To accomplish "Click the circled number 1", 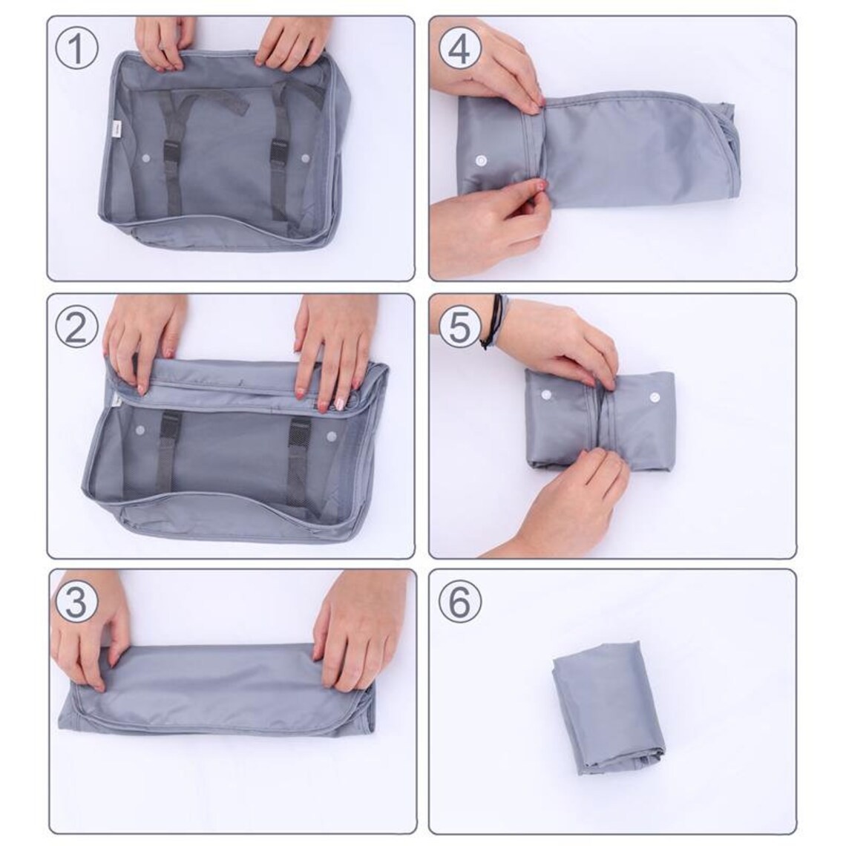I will click(78, 50).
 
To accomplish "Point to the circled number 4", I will click(460, 50).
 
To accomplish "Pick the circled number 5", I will click(460, 327).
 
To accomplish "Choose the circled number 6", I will click(460, 602).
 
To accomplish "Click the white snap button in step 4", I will click(484, 160).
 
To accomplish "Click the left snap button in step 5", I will click(546, 395).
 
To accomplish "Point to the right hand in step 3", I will click(358, 628).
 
